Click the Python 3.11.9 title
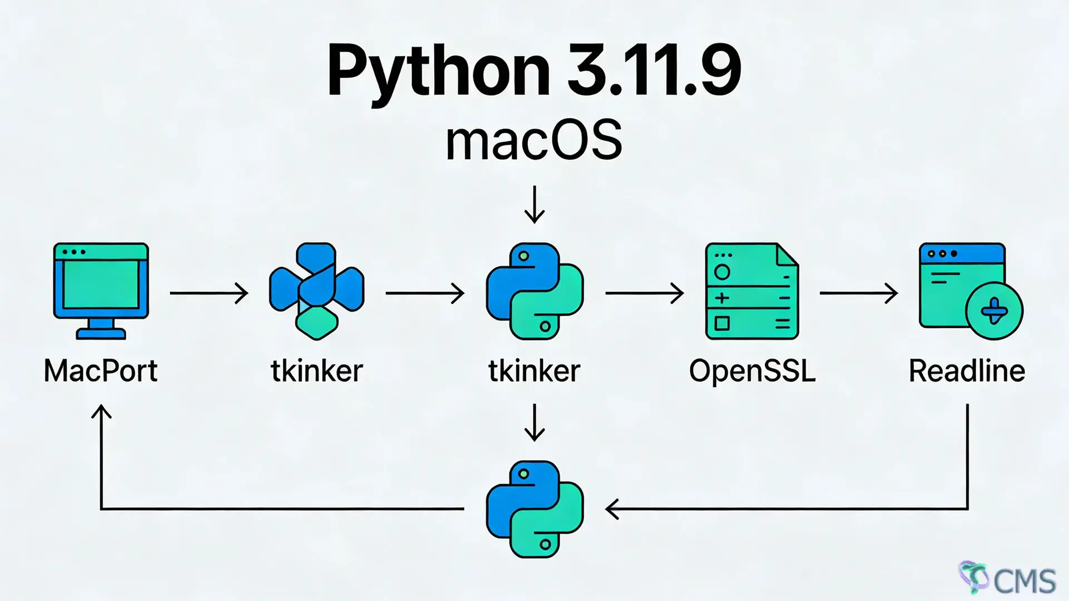tap(533, 71)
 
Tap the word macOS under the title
tap(533, 141)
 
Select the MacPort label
tap(101, 371)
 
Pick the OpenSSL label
tap(752, 371)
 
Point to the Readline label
tap(967, 371)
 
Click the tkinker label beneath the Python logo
tap(534, 371)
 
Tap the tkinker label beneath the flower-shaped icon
tap(317, 371)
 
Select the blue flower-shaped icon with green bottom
tap(316, 290)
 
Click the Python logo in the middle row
tap(534, 290)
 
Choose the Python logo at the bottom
tap(534, 509)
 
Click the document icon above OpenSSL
tap(752, 290)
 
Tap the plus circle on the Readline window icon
tap(994, 311)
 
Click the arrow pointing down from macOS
tap(534, 205)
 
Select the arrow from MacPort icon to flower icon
tap(209, 293)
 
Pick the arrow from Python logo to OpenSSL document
tap(644, 293)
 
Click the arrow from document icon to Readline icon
tap(858, 293)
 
